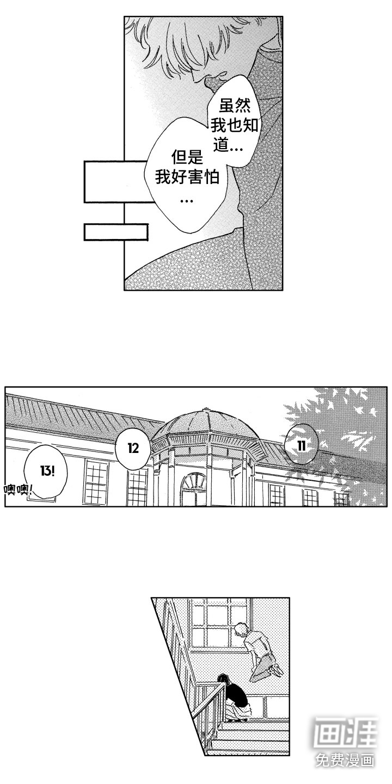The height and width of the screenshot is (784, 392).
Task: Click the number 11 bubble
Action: (x=302, y=445)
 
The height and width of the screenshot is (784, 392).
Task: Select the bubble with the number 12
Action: (x=133, y=449)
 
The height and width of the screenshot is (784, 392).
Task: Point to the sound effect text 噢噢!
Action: (x=17, y=488)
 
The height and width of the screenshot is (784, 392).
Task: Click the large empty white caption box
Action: (x=115, y=181)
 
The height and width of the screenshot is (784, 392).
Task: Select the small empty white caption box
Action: (x=116, y=232)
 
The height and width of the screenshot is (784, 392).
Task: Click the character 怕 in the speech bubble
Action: (x=211, y=177)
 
